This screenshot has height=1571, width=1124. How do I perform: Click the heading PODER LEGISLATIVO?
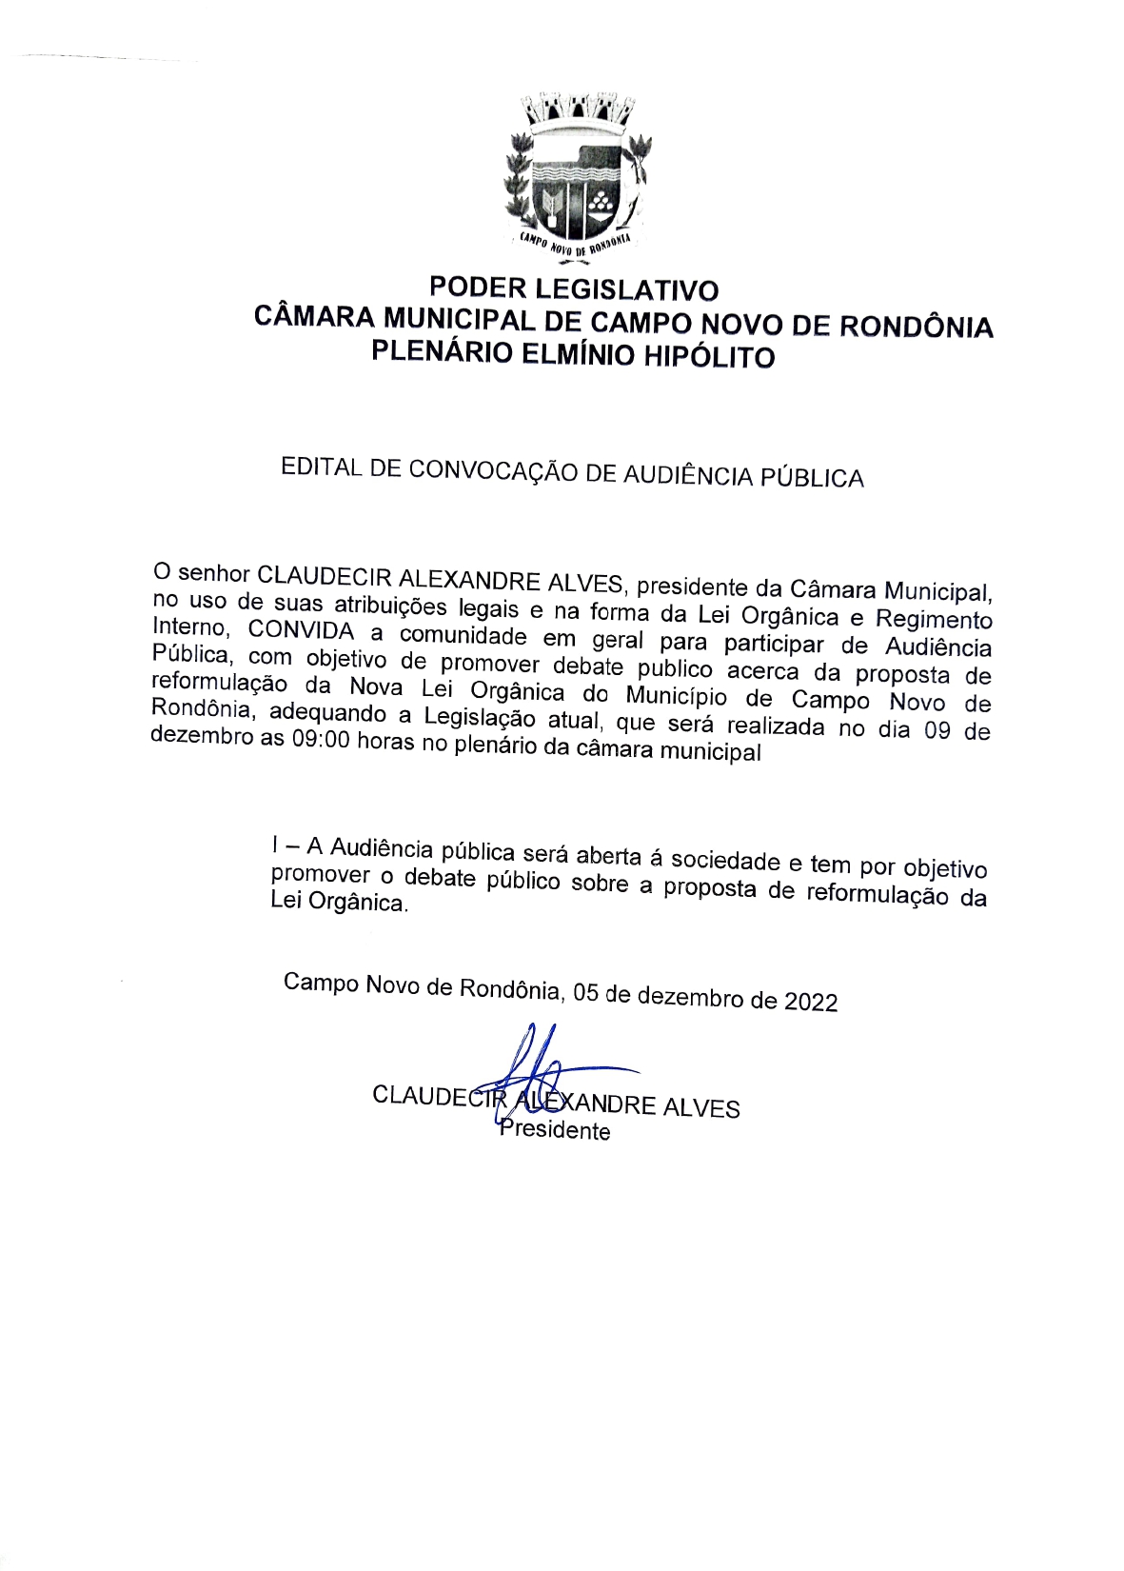coord(573,288)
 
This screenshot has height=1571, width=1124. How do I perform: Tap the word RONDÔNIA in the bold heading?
coord(916,327)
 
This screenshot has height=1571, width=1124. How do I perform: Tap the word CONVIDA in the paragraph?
coord(301,630)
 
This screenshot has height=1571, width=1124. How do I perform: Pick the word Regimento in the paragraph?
coord(934,620)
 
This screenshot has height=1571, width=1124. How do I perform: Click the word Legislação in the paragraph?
coord(480,717)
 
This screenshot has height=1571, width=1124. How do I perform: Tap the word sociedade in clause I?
coord(725,861)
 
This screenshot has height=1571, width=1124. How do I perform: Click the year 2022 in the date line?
coord(811,1002)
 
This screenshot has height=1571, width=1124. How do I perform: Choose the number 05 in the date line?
coord(586,993)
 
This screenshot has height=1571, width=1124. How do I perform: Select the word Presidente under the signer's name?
coord(555,1130)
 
